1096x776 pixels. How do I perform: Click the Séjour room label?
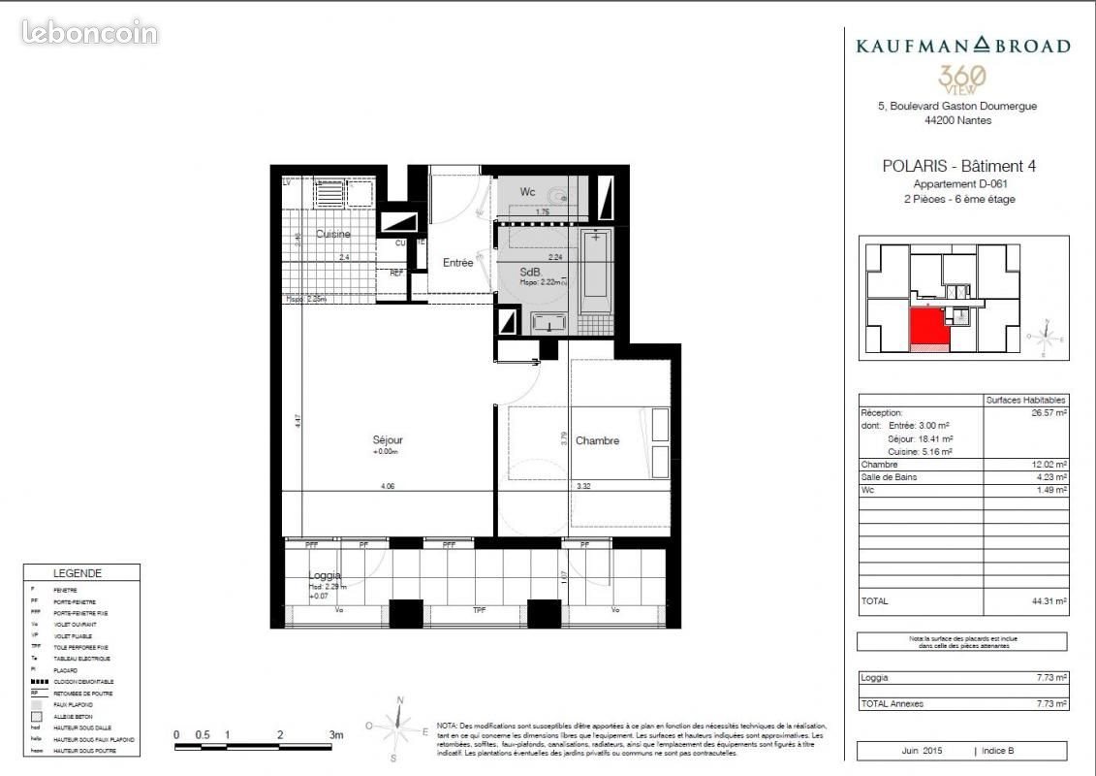coord(387,440)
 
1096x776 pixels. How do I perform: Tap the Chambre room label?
coord(597,441)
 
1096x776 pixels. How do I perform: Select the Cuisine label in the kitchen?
coord(332,235)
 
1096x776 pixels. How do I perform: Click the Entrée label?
coord(458,263)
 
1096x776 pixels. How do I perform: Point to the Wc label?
coord(527,192)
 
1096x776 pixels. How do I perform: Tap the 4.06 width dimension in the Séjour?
coord(388,486)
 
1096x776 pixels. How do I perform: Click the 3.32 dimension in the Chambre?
coord(583,486)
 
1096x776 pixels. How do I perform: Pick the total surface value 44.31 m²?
coord(1049,601)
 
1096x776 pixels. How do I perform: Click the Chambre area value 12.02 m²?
coord(1049,465)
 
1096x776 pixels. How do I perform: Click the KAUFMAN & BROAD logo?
coord(962,46)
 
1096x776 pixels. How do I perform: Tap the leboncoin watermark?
coord(89,33)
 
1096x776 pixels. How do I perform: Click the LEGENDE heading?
coord(78,573)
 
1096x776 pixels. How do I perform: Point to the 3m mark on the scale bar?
coord(335,735)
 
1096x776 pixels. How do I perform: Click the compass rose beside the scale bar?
coord(397,727)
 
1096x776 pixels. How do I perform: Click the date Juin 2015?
coord(925,751)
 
